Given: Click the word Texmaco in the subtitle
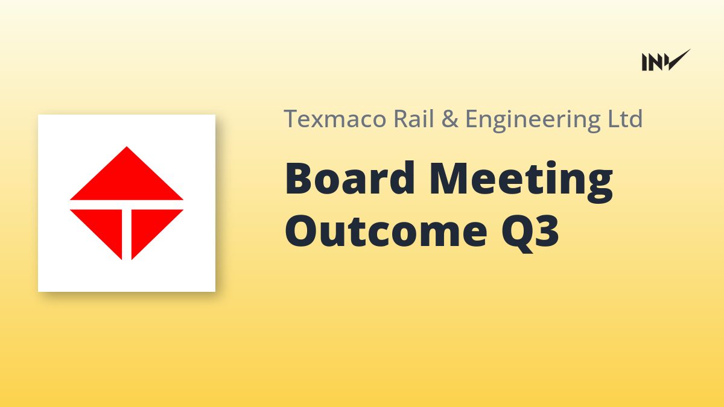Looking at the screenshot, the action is point(335,119).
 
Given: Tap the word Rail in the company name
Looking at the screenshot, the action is point(413,118).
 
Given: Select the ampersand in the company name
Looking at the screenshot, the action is point(449,119).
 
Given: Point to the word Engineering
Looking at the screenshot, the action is point(533,120).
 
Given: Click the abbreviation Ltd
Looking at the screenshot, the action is point(625,118).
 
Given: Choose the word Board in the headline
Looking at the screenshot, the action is point(349,178).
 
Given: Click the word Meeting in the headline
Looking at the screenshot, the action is point(521,181).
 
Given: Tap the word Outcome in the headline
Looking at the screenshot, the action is point(386,232).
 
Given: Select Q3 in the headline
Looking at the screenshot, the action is point(530,233).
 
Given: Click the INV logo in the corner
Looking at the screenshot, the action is point(666,60).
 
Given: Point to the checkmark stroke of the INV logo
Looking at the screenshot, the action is point(678,60).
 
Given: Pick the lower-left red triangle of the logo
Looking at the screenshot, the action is point(103,226).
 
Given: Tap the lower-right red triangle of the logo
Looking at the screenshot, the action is point(150,226).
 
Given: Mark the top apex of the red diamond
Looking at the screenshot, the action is point(127,147).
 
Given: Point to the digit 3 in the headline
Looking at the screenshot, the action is point(547,231).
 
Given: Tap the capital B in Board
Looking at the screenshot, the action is point(300,178).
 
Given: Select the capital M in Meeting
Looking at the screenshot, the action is point(449,178).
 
